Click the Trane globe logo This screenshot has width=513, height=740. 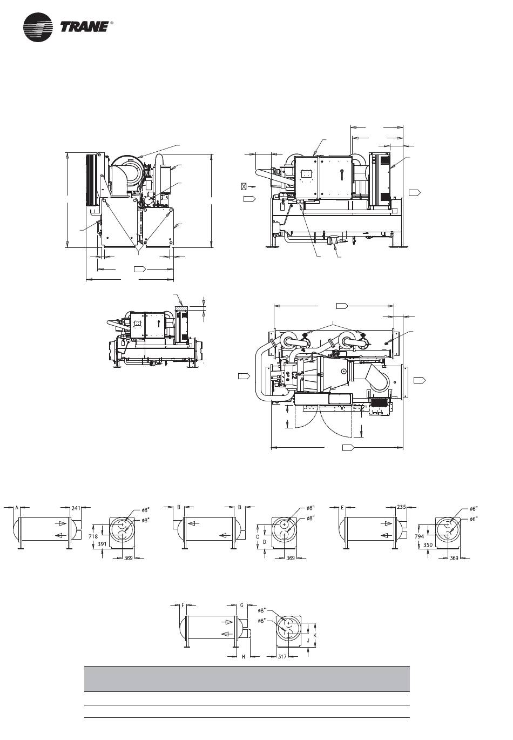38,28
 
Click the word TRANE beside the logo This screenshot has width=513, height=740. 85,27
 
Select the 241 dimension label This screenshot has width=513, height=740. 76,508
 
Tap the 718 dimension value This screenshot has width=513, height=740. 93,536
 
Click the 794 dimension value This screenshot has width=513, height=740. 419,536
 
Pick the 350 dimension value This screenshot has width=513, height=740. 428,544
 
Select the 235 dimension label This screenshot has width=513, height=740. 401,507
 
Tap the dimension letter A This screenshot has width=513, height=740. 17,507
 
